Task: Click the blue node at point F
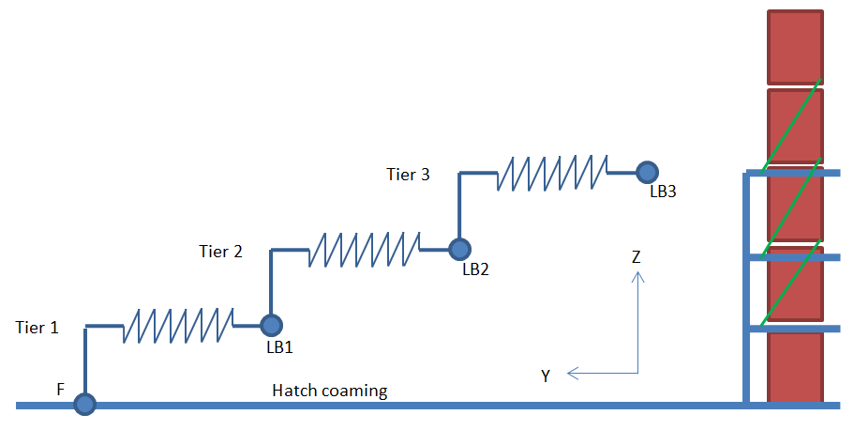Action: click(85, 405)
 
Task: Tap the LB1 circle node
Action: click(271, 325)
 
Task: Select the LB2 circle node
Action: click(458, 249)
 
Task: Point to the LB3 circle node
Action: click(647, 172)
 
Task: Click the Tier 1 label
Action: click(37, 328)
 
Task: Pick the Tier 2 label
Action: click(221, 251)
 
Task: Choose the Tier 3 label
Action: click(409, 174)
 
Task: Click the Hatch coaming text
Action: click(330, 391)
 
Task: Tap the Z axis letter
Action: click(637, 256)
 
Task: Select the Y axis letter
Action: click(546, 376)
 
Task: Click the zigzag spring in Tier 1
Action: click(178, 325)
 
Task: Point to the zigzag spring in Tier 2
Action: click(365, 249)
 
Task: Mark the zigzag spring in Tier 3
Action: click(552, 173)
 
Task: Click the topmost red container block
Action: click(795, 46)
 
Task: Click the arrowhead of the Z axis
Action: click(637, 276)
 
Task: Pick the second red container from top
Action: click(795, 126)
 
